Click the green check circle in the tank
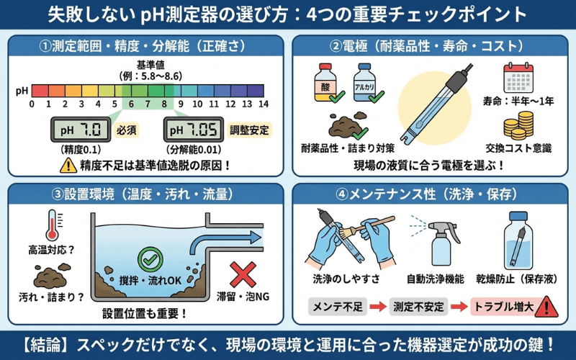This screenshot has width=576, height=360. tap(150, 258)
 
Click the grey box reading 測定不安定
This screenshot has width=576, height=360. tap(419, 307)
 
